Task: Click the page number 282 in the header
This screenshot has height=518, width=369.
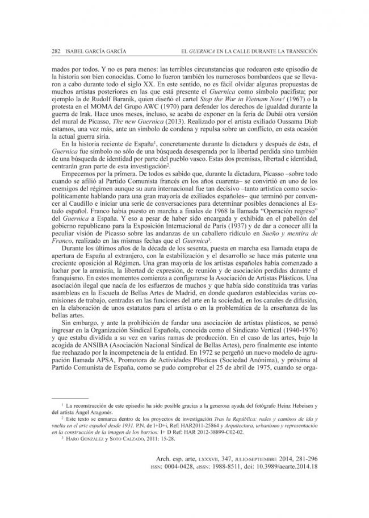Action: click(55, 51)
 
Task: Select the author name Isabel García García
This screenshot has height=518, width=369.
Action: click(92, 51)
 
